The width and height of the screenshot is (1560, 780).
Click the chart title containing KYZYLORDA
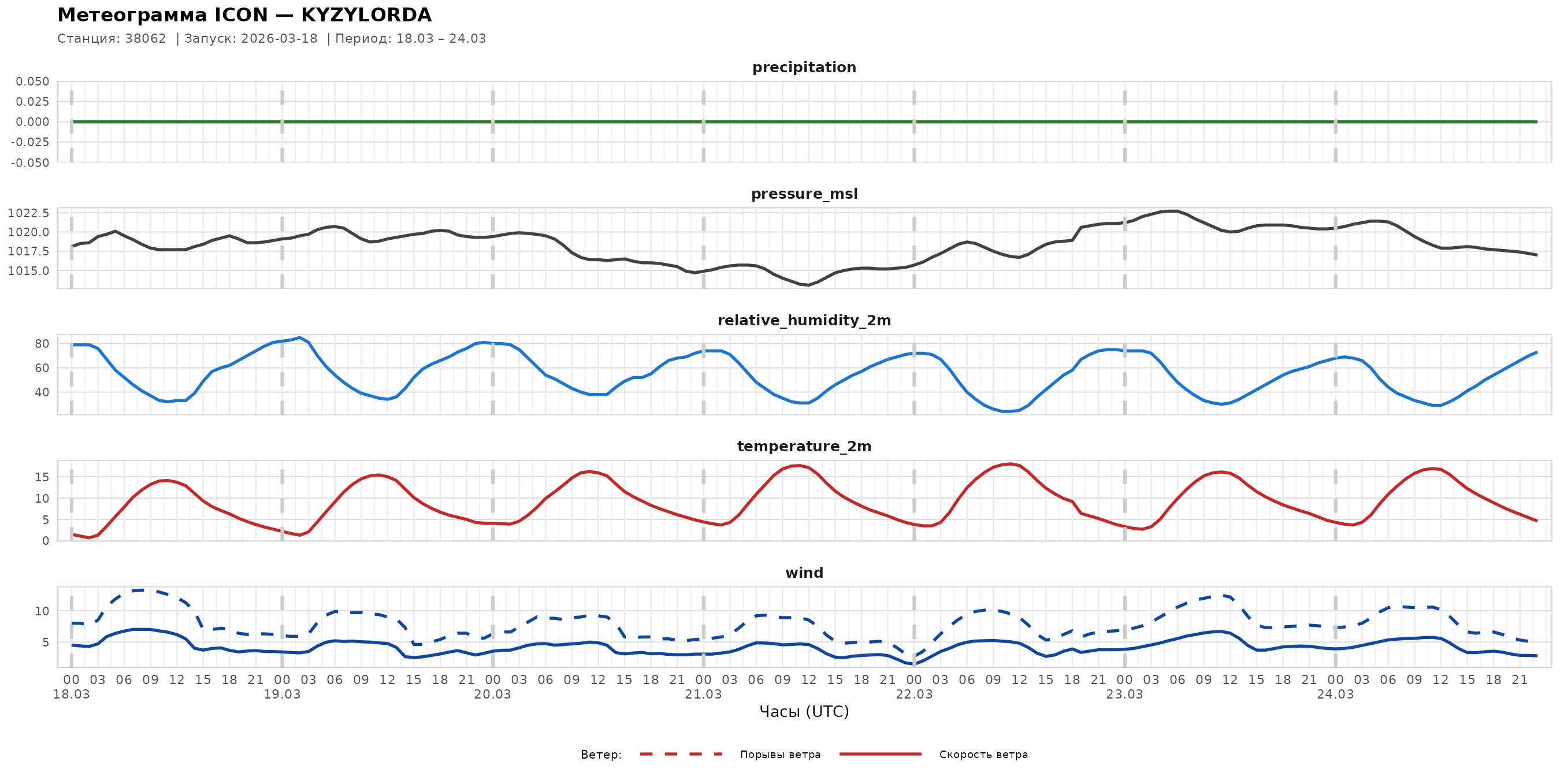click(244, 14)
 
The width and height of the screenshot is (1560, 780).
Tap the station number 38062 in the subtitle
click(146, 39)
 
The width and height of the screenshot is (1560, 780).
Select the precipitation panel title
click(804, 67)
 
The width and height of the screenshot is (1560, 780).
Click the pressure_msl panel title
click(804, 194)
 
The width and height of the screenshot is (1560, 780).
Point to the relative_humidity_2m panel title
click(804, 320)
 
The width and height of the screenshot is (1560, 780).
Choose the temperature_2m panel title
click(804, 446)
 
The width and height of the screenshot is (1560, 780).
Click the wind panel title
click(804, 573)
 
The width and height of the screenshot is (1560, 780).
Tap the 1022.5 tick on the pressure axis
click(28, 213)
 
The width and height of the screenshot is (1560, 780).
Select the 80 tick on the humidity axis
click(42, 344)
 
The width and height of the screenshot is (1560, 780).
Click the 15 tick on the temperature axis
click(42, 477)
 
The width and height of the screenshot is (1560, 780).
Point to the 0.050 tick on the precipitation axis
click(33, 81)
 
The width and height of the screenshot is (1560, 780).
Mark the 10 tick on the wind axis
click(42, 611)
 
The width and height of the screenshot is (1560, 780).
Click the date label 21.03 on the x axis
click(703, 694)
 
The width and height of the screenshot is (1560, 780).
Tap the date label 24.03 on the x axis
click(1335, 694)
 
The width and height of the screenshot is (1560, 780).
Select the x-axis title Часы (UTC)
click(804, 712)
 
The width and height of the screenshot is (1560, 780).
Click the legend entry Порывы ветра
click(780, 755)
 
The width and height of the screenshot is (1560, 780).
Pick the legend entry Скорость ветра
click(983, 755)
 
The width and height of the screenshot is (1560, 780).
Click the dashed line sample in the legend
click(681, 755)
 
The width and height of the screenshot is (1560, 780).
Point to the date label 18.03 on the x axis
click(72, 694)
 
